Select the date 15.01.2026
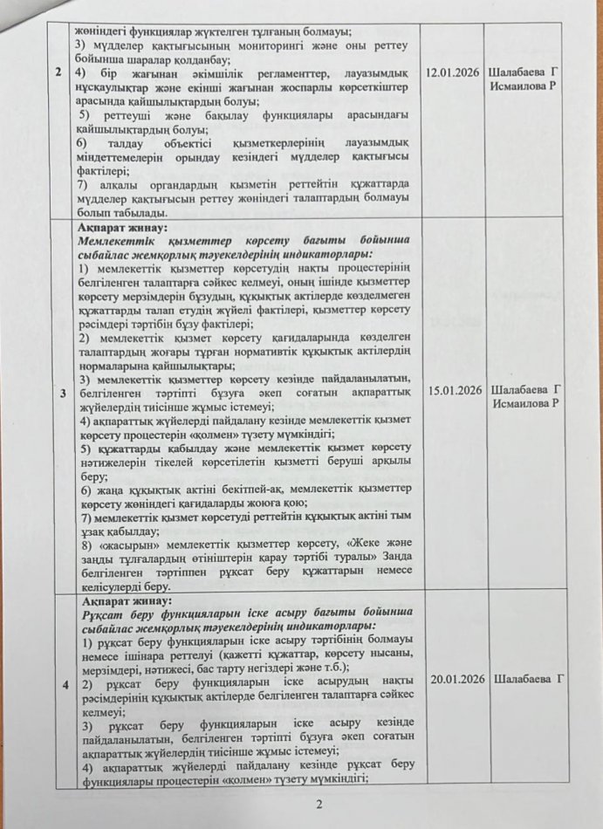[x=455, y=389]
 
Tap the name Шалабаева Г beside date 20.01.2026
[x=528, y=679]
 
